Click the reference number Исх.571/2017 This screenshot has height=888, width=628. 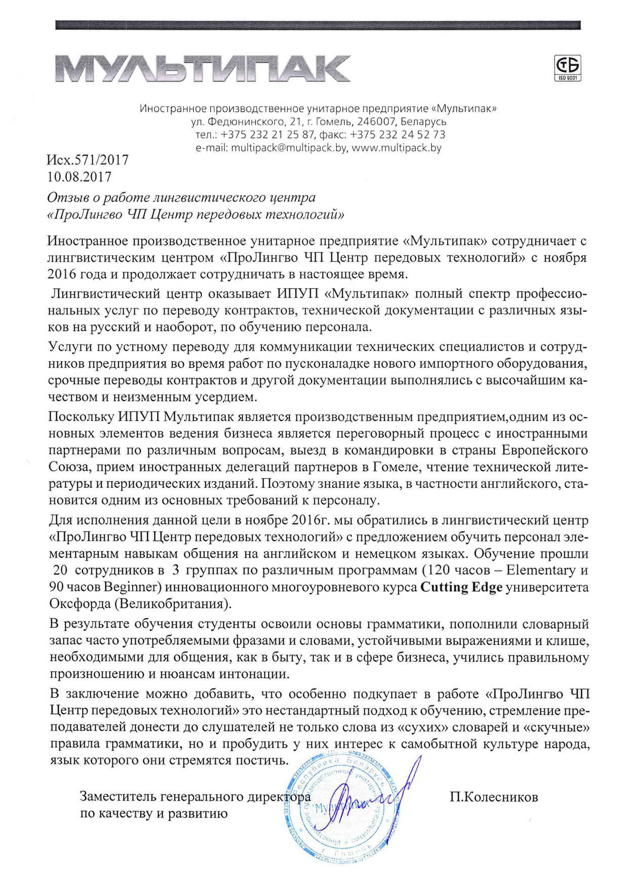pyautogui.click(x=88, y=160)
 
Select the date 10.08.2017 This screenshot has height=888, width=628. pyautogui.click(x=79, y=177)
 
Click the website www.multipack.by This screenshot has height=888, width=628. pyautogui.click(x=397, y=148)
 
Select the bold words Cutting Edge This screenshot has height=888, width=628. pyautogui.click(x=461, y=588)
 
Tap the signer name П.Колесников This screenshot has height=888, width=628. pyautogui.click(x=494, y=797)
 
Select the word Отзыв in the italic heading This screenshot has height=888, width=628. pyautogui.click(x=65, y=197)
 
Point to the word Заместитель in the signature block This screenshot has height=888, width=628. pyautogui.click(x=118, y=797)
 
